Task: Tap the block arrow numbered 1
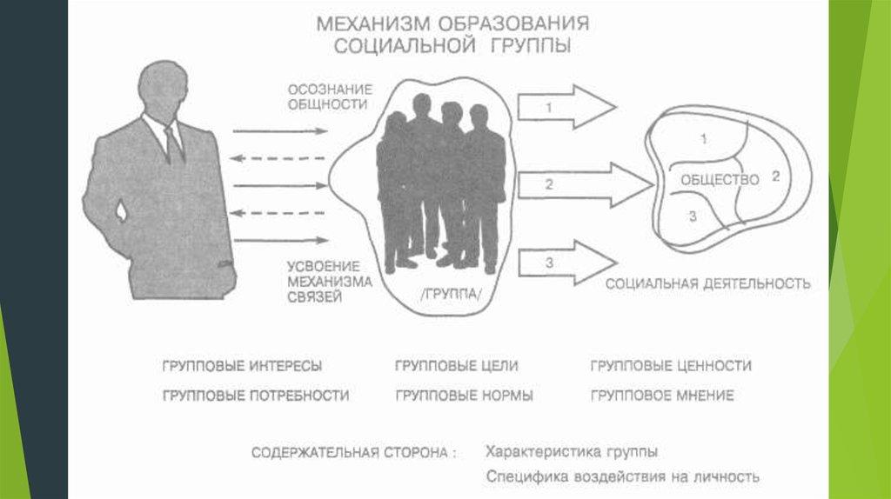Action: [x=566, y=107]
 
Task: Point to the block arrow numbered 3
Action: [x=566, y=263]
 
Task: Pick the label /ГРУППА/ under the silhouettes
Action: [x=450, y=296]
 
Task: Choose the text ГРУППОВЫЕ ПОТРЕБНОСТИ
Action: [x=255, y=396]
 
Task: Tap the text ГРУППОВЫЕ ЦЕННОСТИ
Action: [x=670, y=366]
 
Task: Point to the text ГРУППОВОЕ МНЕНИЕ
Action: [x=661, y=396]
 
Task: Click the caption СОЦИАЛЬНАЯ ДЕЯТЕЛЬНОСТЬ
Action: [x=707, y=283]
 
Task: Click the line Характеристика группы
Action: [x=571, y=452]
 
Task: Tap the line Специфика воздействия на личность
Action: [x=622, y=476]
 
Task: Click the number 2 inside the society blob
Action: [x=775, y=176]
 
